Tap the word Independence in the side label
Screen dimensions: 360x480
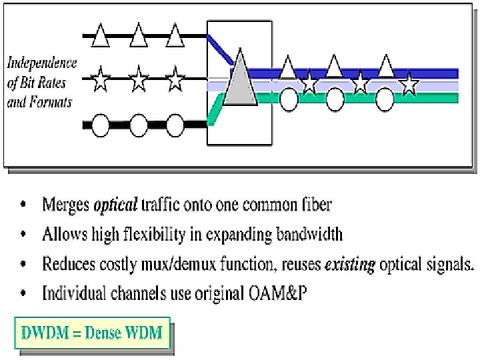point(42,64)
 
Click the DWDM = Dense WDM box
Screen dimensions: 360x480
point(93,332)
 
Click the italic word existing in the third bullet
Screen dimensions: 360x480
point(349,264)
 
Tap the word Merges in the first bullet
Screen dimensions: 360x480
point(65,204)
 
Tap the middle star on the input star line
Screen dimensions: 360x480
point(138,81)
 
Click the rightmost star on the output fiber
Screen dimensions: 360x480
point(409,84)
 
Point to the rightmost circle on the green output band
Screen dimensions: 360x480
point(385,99)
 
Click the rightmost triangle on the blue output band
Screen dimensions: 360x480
point(385,66)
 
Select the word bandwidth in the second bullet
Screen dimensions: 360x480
point(310,234)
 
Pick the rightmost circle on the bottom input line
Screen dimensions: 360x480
point(175,124)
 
